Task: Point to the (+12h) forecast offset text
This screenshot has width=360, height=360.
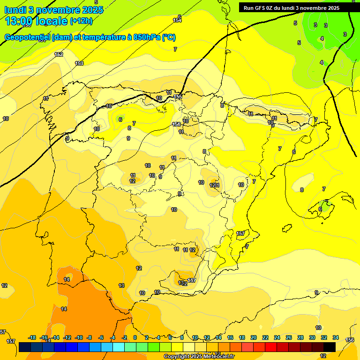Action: click(81, 21)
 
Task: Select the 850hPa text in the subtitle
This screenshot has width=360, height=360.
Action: click(147, 37)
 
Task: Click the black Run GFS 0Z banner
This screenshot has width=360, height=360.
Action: click(292, 8)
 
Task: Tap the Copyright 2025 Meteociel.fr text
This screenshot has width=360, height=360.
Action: click(199, 356)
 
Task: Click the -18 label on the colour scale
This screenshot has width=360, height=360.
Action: click(32, 337)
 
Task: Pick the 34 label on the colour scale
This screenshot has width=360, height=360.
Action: click(336, 337)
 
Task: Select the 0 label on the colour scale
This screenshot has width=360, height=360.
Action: click(135, 337)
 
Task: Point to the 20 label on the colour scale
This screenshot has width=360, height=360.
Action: click(254, 337)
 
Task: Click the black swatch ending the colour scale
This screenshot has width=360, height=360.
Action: click(330, 347)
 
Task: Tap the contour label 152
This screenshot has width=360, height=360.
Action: click(59, 54)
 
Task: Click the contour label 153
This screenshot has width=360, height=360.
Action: click(79, 63)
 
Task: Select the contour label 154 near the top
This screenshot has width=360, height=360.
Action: click(177, 20)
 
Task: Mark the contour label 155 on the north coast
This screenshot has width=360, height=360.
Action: click(178, 97)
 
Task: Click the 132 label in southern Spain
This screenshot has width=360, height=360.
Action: click(183, 283)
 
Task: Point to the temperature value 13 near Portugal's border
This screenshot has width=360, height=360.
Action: click(121, 285)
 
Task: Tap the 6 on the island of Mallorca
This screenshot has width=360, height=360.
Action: click(320, 209)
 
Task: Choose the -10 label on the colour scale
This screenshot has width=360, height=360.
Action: click(79, 337)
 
